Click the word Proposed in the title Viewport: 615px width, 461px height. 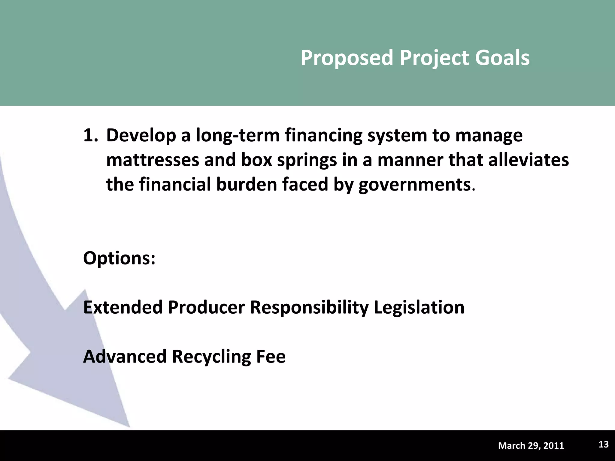coord(347,58)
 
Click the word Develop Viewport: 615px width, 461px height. coord(141,135)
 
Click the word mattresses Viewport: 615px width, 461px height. coord(153,160)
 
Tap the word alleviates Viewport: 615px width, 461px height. coord(528,160)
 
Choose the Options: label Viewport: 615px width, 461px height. coord(119,258)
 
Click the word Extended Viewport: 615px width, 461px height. coord(123,307)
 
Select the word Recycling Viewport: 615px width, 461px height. coord(211,357)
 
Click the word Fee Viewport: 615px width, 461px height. coord(271,357)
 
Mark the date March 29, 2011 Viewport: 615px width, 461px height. coord(531,446)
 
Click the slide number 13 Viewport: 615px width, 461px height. coord(603,444)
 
